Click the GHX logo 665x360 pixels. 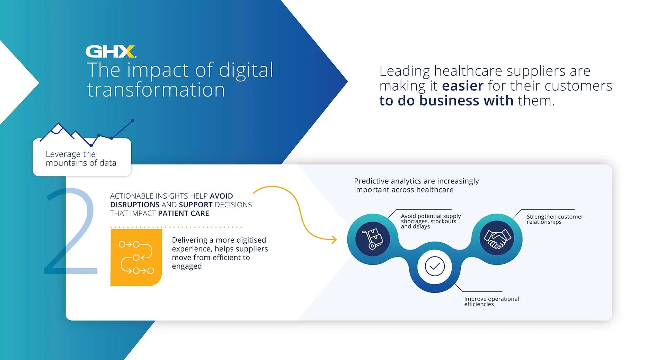pyautogui.click(x=111, y=51)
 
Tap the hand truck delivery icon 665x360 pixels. pyautogui.click(x=373, y=239)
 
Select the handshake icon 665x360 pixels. pyautogui.click(x=497, y=238)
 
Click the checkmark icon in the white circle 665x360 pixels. pyautogui.click(x=435, y=267)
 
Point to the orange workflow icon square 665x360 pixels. pyautogui.click(x=136, y=257)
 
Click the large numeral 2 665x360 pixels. pyautogui.click(x=71, y=231)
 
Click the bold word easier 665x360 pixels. pyautogui.click(x=463, y=86)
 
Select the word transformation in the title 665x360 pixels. pyautogui.click(x=156, y=90)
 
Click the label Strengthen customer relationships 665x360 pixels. pyautogui.click(x=555, y=219)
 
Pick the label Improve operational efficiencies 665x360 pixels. pyautogui.click(x=491, y=301)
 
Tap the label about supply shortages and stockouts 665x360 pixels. pyautogui.click(x=431, y=221)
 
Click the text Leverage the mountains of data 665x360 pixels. pyautogui.click(x=81, y=159)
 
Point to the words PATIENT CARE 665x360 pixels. pyautogui.click(x=184, y=213)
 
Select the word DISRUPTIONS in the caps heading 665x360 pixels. pyautogui.click(x=135, y=205)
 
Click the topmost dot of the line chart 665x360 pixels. pyautogui.click(x=133, y=121)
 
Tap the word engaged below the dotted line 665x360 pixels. pyautogui.click(x=187, y=267)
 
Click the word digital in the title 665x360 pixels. pyautogui.click(x=246, y=71)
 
